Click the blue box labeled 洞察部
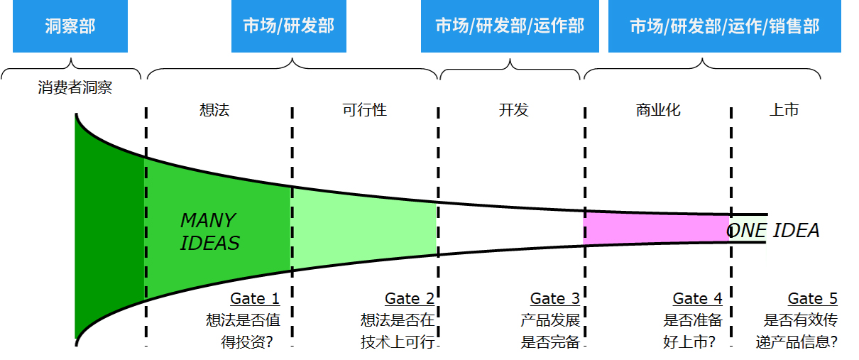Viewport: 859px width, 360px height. point(70,26)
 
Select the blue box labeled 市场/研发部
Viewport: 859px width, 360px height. point(288,26)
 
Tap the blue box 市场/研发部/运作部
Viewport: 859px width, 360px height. point(510,26)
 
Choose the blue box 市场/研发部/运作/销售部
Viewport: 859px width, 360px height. point(724,26)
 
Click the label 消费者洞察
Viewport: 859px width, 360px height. point(75,88)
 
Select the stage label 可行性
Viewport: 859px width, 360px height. point(364,110)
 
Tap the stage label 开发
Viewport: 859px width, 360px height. point(513,110)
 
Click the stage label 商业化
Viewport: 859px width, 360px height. point(658,110)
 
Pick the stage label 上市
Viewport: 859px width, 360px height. point(784,110)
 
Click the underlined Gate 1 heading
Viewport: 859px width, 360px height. point(255,299)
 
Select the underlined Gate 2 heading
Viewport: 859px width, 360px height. point(410,299)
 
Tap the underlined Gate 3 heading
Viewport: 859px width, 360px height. point(555,299)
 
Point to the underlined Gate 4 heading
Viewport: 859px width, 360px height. point(697,299)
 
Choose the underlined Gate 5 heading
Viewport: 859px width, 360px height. point(812,299)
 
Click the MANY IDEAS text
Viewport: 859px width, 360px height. point(209,231)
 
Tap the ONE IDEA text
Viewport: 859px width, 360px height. point(774,231)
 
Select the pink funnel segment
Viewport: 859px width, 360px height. point(657,228)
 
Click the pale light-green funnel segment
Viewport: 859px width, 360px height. point(364,227)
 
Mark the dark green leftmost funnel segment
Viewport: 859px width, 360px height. point(110,227)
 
